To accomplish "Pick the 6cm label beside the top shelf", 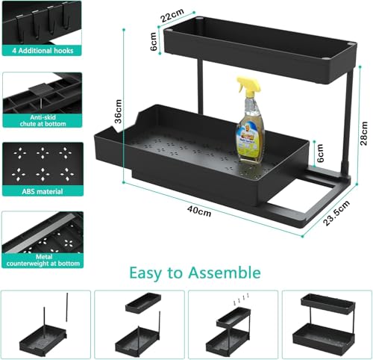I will [153, 45].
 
